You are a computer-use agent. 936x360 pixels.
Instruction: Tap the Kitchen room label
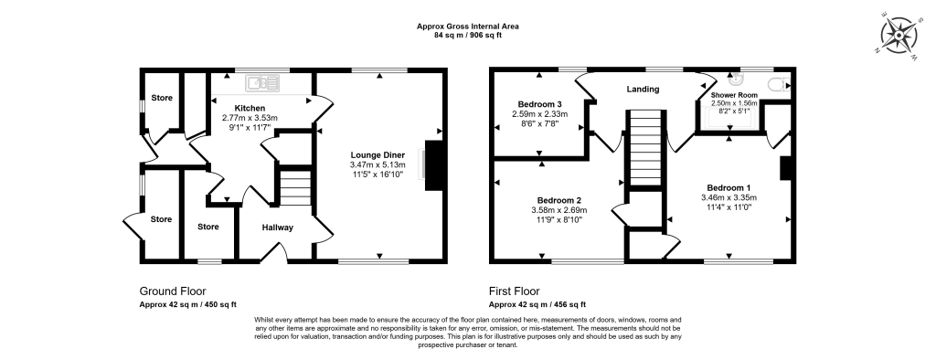[249, 108]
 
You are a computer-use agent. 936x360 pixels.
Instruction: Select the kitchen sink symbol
[267, 83]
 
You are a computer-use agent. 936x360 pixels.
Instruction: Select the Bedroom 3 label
[538, 103]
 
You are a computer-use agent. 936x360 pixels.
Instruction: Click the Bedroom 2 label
[559, 200]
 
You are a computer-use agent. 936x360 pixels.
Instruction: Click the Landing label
[643, 89]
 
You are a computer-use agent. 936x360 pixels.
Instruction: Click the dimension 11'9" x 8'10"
[559, 220]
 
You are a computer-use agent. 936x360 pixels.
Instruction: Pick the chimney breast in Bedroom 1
[784, 168]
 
